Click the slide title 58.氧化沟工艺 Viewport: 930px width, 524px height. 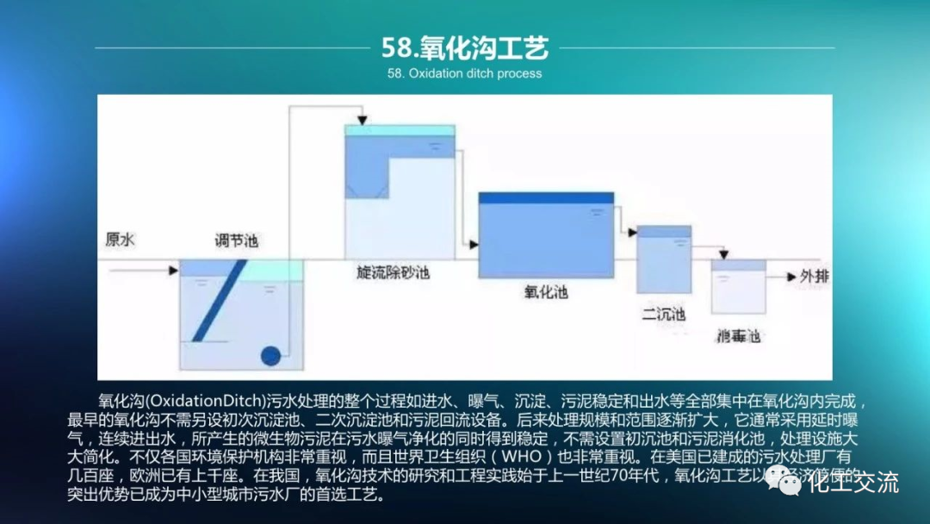coord(464,47)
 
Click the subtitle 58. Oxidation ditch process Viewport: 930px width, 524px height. coord(464,73)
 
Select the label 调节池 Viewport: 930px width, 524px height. coord(236,240)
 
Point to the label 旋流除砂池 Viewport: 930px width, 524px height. coord(393,273)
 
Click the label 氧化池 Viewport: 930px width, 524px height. coord(546,292)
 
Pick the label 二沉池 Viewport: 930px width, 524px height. coord(663,314)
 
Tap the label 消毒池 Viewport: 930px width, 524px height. coord(738,335)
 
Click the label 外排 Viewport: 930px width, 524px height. coord(815,277)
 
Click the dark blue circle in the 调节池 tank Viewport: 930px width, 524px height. coord(271,355)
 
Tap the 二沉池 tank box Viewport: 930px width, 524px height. coord(664,260)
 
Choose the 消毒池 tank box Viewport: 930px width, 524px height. coord(738,287)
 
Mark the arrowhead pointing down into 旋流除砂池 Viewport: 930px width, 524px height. coord(363,119)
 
